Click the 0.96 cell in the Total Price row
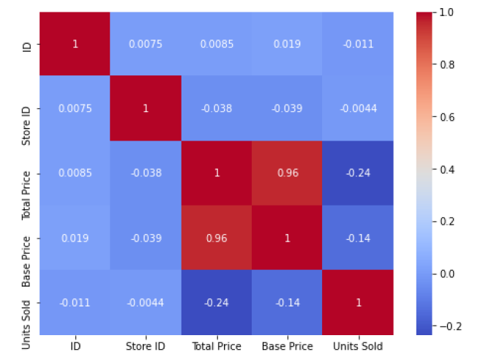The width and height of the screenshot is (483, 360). click(287, 173)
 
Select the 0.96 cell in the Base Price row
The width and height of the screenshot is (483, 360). click(216, 238)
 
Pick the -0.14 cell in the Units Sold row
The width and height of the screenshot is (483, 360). click(287, 302)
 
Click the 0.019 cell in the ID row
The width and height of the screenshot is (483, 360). click(287, 44)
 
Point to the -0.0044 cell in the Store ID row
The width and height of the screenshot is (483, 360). click(358, 108)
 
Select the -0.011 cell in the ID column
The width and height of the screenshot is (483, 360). click(74, 302)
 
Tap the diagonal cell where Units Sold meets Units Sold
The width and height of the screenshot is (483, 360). click(358, 302)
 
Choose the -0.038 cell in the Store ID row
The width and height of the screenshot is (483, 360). click(216, 108)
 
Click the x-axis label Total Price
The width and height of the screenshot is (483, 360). click(216, 346)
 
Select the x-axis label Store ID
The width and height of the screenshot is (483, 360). click(145, 346)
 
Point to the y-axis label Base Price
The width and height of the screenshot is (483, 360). click(26, 238)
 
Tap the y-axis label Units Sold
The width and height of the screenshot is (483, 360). click(26, 302)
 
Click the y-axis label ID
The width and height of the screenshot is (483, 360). click(26, 44)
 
